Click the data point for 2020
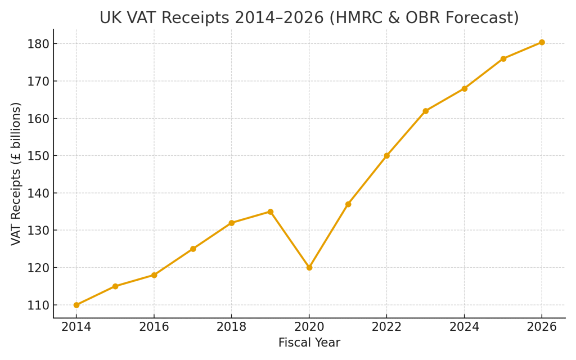coord(309,267)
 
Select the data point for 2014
coord(76,305)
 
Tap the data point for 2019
coord(270,211)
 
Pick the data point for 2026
coord(542,42)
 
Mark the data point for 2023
coord(425,111)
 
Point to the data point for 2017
coord(193,249)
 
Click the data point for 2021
coord(348,204)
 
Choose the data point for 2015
coord(115,286)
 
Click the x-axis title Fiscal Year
coord(309,343)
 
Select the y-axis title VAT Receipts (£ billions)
coord(16,174)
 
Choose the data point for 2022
coord(386,155)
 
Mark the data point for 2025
coord(503,58)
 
